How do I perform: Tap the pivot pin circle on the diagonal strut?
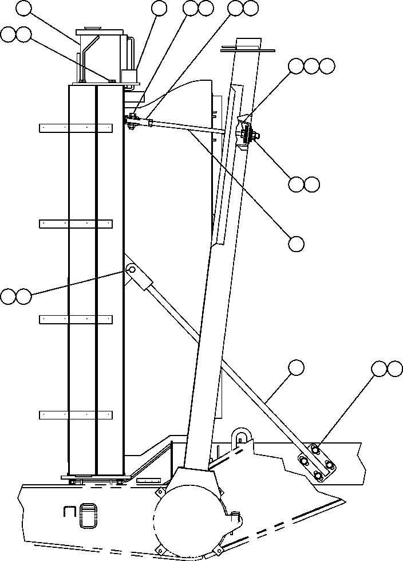[x=131, y=269]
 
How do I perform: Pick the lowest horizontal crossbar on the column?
[x=76, y=414]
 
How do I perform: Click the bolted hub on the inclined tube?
[x=248, y=135]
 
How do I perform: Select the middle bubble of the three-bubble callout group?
[x=311, y=66]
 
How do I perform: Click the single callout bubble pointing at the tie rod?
[x=296, y=244]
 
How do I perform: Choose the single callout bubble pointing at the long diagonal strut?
[x=296, y=367]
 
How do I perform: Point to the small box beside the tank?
[x=130, y=77]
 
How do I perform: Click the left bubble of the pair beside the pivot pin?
[x=8, y=296]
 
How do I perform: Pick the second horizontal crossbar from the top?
[x=76, y=224]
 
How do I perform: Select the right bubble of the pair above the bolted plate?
[x=394, y=369]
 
